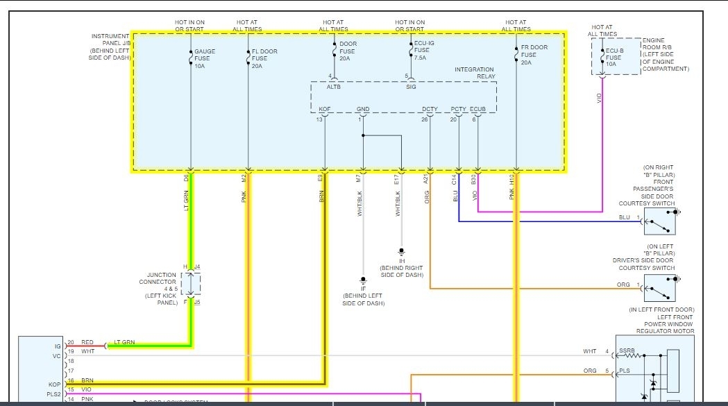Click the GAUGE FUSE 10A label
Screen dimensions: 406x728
click(205, 59)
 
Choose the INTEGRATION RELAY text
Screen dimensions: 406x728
click(474, 74)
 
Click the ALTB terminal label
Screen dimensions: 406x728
click(335, 87)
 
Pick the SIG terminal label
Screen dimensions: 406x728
click(410, 87)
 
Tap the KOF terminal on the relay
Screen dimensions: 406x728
click(324, 109)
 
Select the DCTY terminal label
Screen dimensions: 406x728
click(430, 109)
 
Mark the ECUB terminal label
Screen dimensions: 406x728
click(477, 109)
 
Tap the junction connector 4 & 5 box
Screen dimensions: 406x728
click(191, 284)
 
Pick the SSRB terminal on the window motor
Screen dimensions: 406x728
click(627, 352)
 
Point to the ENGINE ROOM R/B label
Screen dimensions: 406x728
click(666, 55)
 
